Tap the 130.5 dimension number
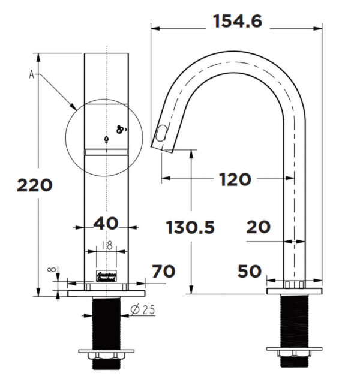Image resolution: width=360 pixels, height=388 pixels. pos(190,227)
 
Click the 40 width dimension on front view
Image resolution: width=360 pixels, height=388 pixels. pos(106,223)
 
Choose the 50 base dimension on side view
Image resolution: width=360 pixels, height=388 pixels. pos(249,271)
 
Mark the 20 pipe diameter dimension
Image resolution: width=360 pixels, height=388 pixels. pos(258,227)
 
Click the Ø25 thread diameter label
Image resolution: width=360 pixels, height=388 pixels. pos(143,309)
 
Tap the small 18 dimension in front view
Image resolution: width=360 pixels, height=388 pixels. pos(106,245)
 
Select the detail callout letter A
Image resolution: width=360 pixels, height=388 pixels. pos(31,74)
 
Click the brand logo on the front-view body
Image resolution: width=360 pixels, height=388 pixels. pos(106,277)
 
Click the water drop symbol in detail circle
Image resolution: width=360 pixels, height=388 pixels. pos(106,139)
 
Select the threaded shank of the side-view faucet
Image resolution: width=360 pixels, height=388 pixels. pos(294,321)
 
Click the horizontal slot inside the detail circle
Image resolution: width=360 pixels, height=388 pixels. pos(106,152)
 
